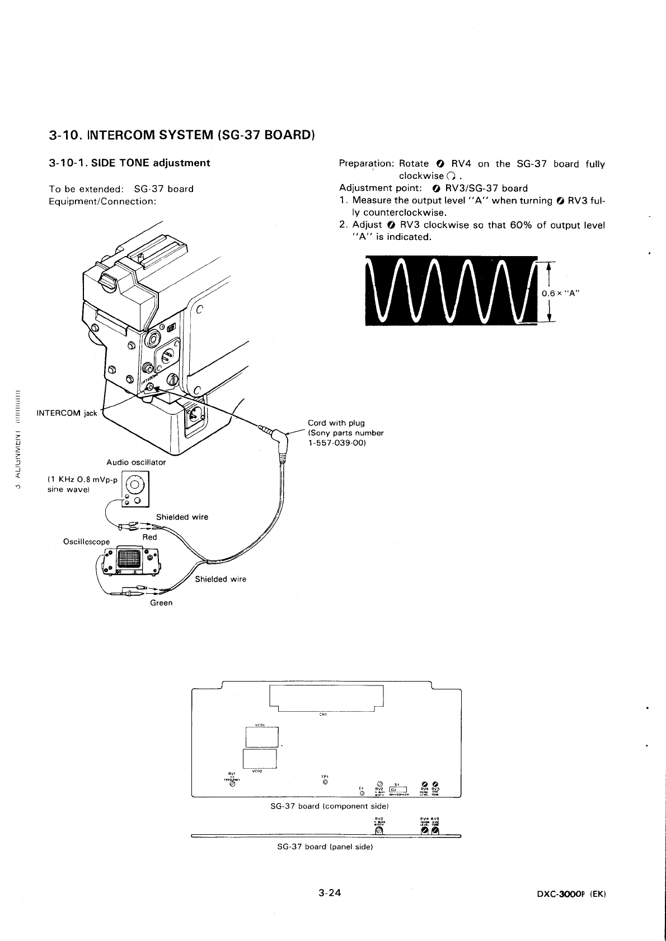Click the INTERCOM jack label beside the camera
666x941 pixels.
tap(67, 413)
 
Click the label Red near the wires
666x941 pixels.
tap(149, 537)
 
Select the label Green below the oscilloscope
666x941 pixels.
tap(161, 603)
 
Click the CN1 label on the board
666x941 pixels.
tap(323, 714)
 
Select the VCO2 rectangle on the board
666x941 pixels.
tap(260, 759)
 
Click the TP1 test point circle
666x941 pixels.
tap(325, 782)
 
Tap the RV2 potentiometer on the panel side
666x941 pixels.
tap(378, 833)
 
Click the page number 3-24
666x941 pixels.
tap(330, 892)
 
